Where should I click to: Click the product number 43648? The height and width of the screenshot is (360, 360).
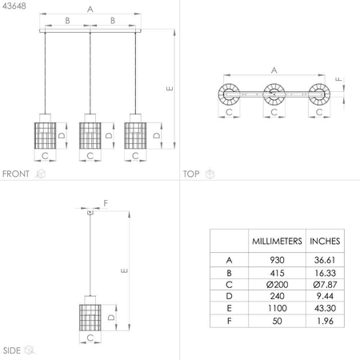(14, 6)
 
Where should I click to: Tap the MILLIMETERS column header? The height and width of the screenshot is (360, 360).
(277, 241)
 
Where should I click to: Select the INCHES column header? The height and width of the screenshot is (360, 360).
(325, 241)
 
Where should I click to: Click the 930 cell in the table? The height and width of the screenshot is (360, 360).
(277, 260)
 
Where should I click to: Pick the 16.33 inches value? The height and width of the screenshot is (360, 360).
(325, 273)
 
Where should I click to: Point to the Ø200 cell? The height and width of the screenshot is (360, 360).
(277, 285)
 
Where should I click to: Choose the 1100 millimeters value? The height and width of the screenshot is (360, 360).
(278, 308)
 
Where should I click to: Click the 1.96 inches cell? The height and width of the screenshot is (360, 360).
(325, 321)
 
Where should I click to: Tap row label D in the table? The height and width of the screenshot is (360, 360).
(229, 296)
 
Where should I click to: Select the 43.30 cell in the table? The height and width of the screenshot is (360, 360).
(325, 308)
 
